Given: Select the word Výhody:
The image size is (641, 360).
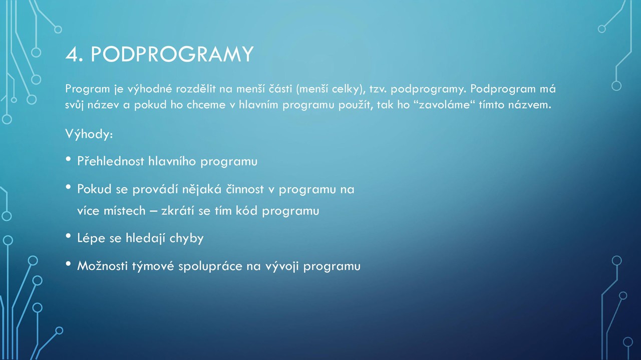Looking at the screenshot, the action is (x=89, y=134).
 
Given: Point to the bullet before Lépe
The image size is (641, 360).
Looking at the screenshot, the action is (x=68, y=236).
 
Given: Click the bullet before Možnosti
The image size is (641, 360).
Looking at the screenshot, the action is (x=68, y=264).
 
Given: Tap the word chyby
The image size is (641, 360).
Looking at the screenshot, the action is (x=186, y=238).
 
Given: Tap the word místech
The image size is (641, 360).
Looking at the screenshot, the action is (x=125, y=211).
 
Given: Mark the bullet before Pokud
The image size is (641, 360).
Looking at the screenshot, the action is (x=68, y=187).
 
